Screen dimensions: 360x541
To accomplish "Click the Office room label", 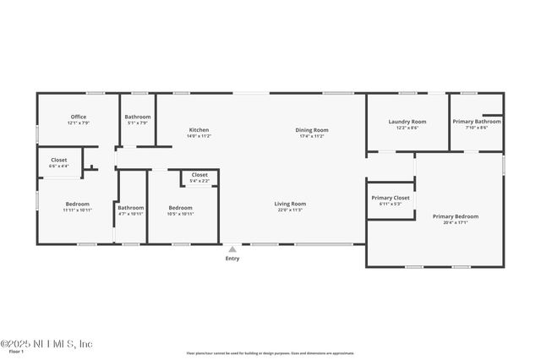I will (79, 117).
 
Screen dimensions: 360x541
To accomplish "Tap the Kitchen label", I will (199, 129).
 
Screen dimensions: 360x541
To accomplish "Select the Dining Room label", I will (311, 129).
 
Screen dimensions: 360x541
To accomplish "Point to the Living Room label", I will (290, 204).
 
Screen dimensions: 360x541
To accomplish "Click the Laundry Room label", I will (407, 122).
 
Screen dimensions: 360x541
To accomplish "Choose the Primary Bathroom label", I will (476, 122).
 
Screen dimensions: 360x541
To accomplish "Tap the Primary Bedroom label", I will (456, 216).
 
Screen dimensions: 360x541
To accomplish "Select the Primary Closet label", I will (390, 198).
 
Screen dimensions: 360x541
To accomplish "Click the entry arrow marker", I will (232, 248).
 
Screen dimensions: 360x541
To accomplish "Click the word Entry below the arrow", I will (232, 259).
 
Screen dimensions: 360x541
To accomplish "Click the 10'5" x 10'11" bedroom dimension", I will (180, 214).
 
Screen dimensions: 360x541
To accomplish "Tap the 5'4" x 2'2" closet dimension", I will (199, 181).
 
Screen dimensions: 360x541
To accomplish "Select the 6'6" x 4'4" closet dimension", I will (59, 166).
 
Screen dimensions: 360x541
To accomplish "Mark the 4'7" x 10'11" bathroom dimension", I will (130, 214).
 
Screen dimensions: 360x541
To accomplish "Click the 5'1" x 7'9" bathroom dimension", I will (137, 123).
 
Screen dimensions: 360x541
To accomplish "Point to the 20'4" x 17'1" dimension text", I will (456, 223).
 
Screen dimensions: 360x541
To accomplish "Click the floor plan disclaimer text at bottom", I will (270, 353).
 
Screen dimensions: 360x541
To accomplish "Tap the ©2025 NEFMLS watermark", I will (46, 344).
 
